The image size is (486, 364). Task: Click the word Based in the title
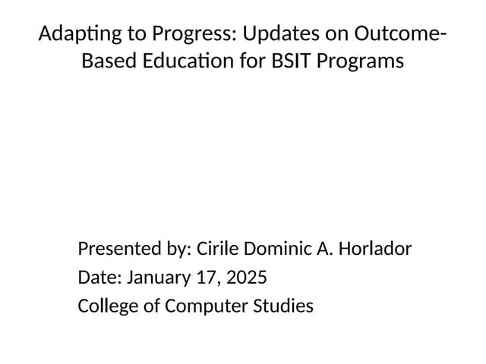[x=105, y=61]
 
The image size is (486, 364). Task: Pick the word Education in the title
[x=183, y=61]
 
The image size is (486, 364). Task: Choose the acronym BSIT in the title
[x=290, y=61]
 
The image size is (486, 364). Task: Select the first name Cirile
[x=218, y=249]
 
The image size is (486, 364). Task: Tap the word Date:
[x=99, y=278]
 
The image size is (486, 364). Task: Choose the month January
[x=158, y=278]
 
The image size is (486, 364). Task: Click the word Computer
[x=201, y=306]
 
